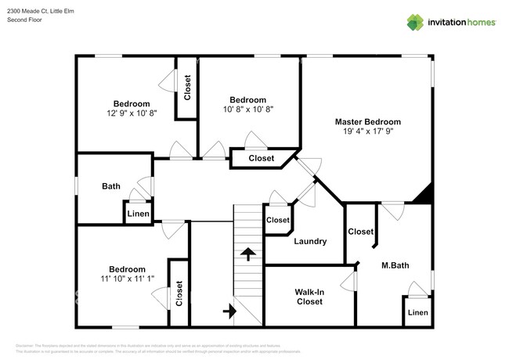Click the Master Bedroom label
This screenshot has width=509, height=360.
click(x=367, y=122)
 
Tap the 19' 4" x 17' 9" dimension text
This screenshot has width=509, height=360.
click(x=367, y=132)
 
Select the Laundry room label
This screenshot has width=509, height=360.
click(x=310, y=241)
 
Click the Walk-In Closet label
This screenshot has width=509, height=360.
click(x=309, y=297)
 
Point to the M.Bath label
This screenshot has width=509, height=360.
click(x=395, y=266)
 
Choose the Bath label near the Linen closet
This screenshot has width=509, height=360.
click(x=111, y=186)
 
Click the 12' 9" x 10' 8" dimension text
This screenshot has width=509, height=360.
click(x=131, y=113)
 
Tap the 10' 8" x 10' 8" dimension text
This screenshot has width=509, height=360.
click(x=247, y=110)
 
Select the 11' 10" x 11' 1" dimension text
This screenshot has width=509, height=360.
click(x=127, y=279)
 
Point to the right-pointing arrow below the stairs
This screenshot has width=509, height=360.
click(x=229, y=311)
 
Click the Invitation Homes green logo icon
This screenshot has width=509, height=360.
click(x=414, y=22)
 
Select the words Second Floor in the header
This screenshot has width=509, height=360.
click(x=25, y=20)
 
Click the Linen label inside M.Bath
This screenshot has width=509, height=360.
click(x=417, y=313)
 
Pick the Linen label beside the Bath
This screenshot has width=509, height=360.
click(x=138, y=214)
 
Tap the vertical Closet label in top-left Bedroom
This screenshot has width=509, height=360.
click(x=187, y=88)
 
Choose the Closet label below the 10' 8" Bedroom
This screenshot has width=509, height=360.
click(x=261, y=159)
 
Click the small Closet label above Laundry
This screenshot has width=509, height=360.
click(x=278, y=220)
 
